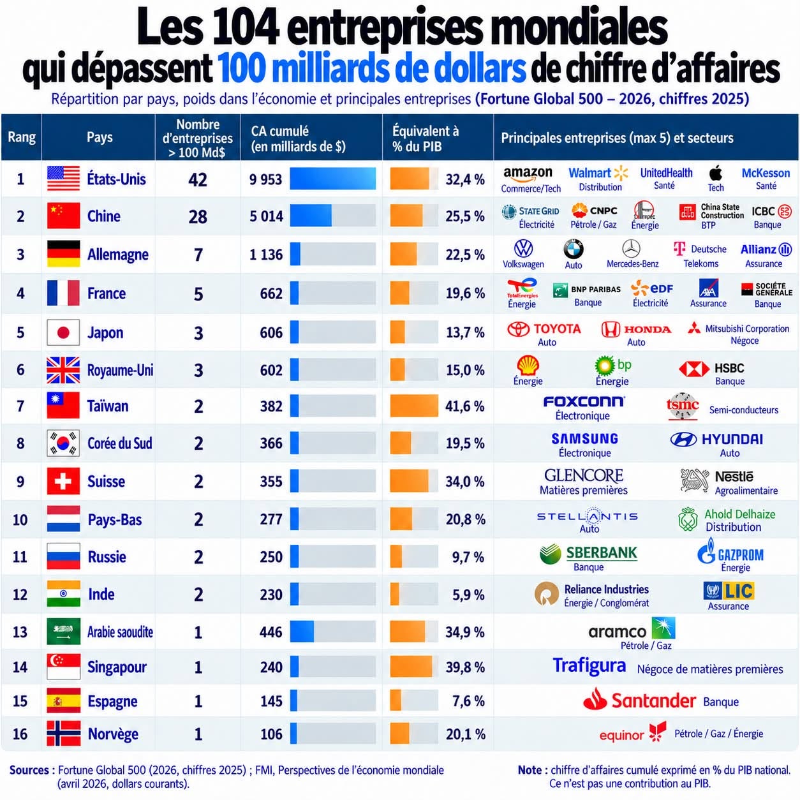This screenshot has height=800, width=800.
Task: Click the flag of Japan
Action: tap(63, 332)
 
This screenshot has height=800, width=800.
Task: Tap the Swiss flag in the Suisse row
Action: tap(63, 481)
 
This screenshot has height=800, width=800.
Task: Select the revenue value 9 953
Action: tap(265, 179)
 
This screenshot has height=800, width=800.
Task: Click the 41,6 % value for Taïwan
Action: tap(465, 406)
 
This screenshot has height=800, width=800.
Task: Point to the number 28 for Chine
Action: tap(198, 216)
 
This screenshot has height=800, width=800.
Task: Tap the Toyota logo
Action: tap(544, 329)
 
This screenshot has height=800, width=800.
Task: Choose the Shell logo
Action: tap(528, 366)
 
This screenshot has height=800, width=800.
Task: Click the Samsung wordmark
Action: tap(584, 439)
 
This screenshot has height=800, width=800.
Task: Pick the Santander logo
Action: tap(639, 700)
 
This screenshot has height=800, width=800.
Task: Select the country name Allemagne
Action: tap(118, 255)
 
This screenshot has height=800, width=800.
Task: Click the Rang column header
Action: tap(22, 137)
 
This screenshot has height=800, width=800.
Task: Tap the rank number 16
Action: tap(20, 734)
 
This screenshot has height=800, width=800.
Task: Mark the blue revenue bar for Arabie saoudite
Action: tap(302, 632)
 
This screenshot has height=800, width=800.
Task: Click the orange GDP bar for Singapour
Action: tap(411, 667)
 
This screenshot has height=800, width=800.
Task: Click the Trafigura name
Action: tap(589, 665)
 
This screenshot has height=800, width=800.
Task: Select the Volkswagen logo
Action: tap(524, 249)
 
